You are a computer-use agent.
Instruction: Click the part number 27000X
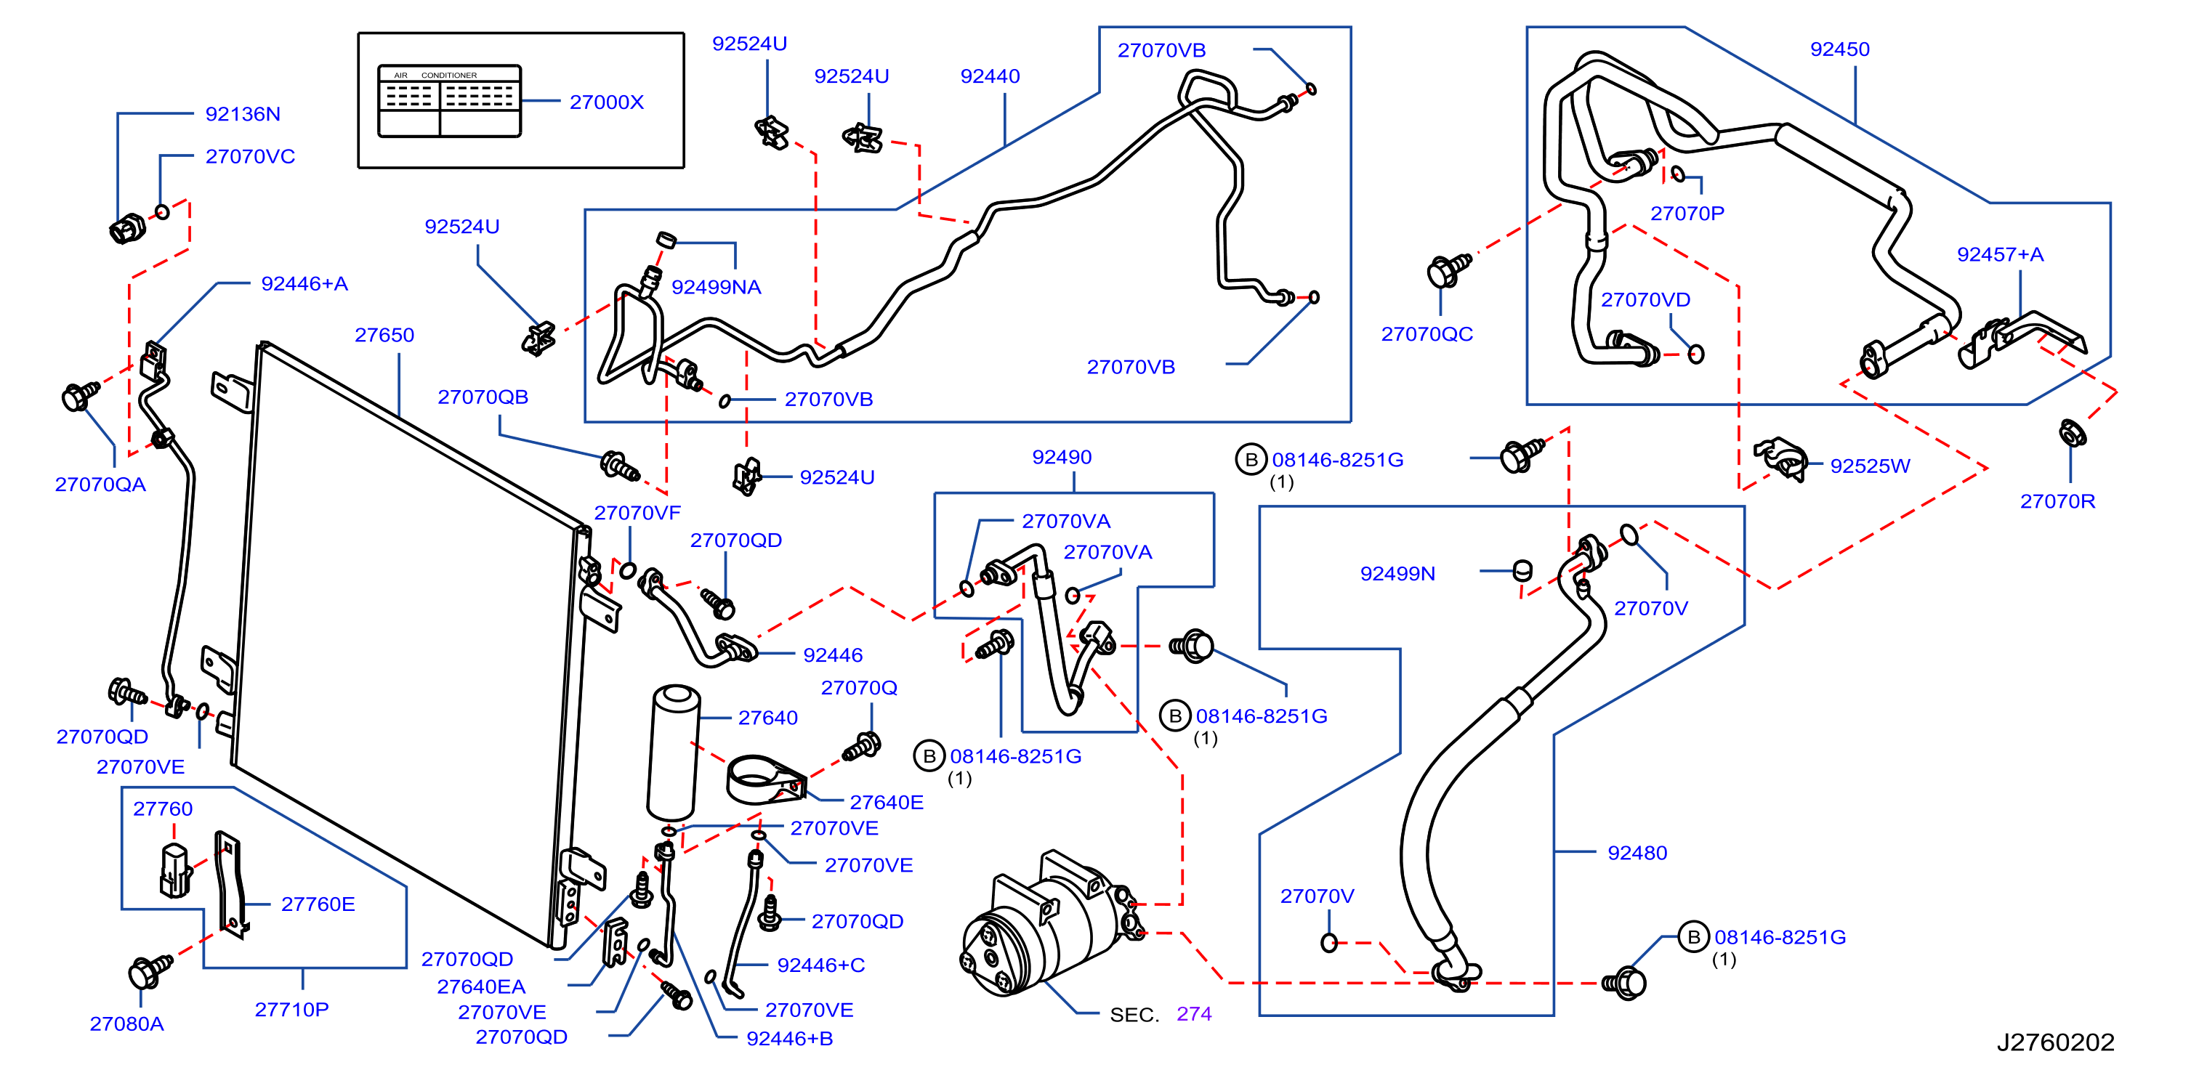tap(606, 102)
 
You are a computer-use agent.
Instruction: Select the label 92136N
tap(243, 114)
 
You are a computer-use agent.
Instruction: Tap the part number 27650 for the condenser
tap(384, 336)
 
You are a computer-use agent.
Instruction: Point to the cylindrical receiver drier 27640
tap(674, 753)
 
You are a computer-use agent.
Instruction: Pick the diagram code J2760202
tap(2054, 1042)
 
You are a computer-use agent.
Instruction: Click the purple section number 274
tap(1193, 1014)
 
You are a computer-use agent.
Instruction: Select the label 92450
tap(1839, 49)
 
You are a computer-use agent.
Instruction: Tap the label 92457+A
tap(2000, 254)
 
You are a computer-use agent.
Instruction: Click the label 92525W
tap(1870, 466)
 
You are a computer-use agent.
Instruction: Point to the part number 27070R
tap(2057, 502)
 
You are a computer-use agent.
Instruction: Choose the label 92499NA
tap(717, 288)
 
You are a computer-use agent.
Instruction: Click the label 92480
tap(1637, 853)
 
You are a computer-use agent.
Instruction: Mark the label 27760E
tap(318, 904)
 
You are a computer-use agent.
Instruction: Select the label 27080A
tap(126, 1024)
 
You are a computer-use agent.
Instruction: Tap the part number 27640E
tap(886, 802)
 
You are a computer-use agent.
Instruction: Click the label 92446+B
tap(790, 1039)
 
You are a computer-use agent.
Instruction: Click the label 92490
tap(1061, 458)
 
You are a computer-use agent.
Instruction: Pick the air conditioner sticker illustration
tap(449, 101)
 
